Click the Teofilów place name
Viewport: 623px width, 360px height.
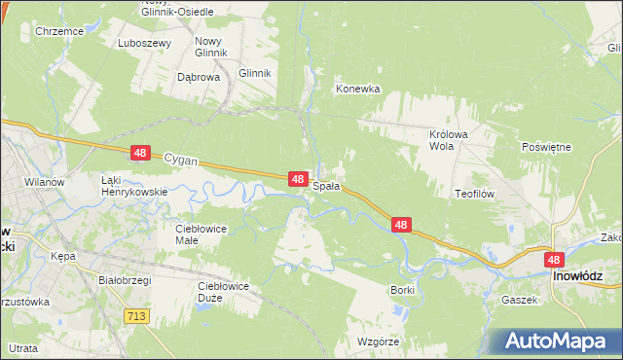click(x=475, y=194)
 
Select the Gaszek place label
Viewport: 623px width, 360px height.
click(x=520, y=300)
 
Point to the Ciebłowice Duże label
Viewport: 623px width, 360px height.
click(x=223, y=291)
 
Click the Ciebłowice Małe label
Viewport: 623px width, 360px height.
click(x=200, y=234)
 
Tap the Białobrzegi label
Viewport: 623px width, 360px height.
click(x=130, y=277)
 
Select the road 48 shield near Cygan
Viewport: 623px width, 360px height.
click(x=141, y=153)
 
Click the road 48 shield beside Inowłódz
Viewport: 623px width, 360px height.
click(x=554, y=260)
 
